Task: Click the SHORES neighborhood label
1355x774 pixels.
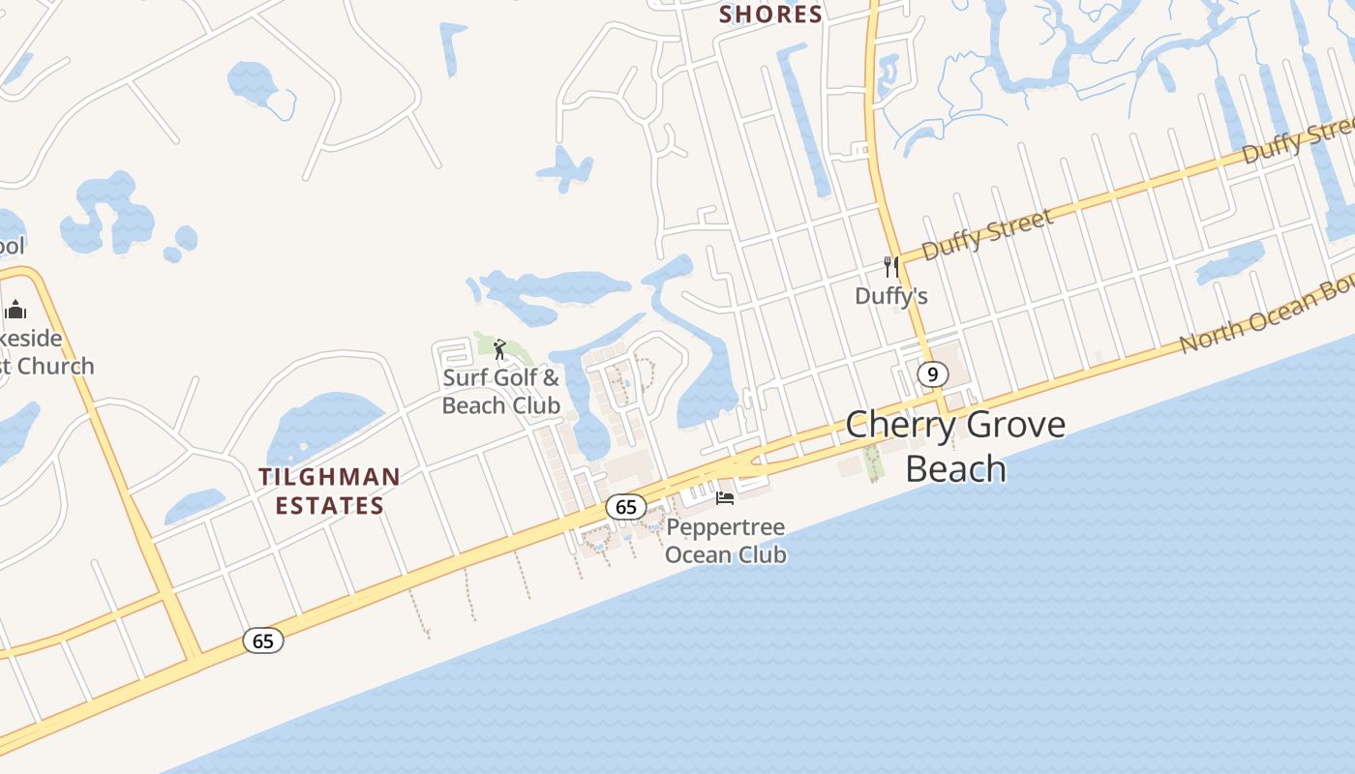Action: point(770,15)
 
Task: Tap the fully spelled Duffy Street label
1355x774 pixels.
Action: point(986,235)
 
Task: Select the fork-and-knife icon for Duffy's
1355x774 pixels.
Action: point(890,266)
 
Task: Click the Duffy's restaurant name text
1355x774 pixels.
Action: point(890,296)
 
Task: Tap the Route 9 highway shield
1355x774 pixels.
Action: point(931,374)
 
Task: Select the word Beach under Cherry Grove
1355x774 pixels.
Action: point(955,468)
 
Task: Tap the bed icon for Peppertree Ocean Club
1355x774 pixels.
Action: point(725,498)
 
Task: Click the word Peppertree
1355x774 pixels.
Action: point(725,528)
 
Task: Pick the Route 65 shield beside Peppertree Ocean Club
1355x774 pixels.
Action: point(625,506)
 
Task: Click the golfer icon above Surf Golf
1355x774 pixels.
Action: point(499,349)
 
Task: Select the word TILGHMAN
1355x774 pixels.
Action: point(329,477)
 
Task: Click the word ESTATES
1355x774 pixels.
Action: point(329,505)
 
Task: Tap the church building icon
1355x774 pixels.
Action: point(15,310)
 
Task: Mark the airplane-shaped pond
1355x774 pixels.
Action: point(564,170)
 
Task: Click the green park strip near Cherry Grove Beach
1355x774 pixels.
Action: point(874,461)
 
